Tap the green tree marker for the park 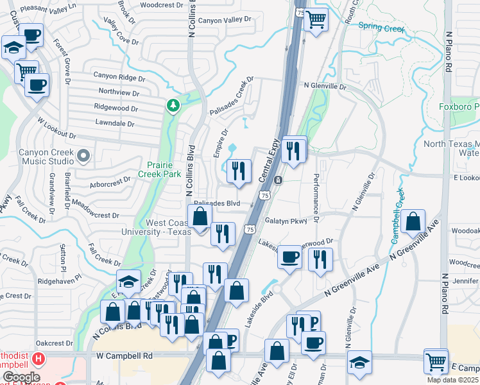pyautogui.click(x=172, y=104)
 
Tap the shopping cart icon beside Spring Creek pyautogui.click(x=316, y=19)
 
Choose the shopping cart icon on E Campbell pyautogui.click(x=436, y=361)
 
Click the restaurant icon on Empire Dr pyautogui.click(x=238, y=171)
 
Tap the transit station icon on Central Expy pyautogui.click(x=279, y=180)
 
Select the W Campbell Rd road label pyautogui.click(x=124, y=355)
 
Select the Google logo pyautogui.click(x=21, y=377)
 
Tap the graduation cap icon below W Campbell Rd pyautogui.click(x=359, y=362)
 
